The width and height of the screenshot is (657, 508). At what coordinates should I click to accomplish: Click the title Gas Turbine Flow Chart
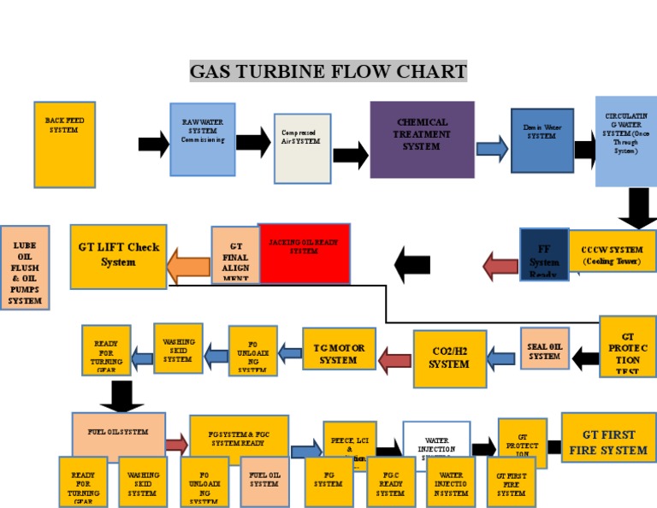tap(328, 70)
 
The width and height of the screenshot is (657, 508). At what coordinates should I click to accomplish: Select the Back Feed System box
tap(64, 145)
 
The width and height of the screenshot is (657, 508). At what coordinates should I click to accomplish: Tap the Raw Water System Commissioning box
tap(202, 139)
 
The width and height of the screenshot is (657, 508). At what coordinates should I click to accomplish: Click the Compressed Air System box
tap(302, 148)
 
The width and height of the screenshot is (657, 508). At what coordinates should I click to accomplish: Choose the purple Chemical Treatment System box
tap(422, 139)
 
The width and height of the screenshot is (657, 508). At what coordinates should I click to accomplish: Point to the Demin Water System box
tap(542, 140)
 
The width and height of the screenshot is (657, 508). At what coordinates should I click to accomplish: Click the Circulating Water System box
tap(626, 140)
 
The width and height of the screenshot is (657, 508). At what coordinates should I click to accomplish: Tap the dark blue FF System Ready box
tap(543, 254)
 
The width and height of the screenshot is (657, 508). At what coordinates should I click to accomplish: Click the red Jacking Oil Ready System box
tap(304, 254)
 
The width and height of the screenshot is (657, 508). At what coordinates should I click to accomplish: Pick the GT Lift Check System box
tap(118, 255)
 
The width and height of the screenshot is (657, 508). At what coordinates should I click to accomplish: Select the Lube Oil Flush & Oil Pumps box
tap(25, 267)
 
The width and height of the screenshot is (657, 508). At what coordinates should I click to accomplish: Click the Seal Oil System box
tap(545, 349)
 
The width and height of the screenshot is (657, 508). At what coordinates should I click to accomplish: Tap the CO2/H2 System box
tap(449, 357)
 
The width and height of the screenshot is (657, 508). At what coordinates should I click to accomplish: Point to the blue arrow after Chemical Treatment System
tap(491, 150)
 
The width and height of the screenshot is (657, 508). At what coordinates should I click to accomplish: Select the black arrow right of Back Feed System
tap(154, 144)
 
